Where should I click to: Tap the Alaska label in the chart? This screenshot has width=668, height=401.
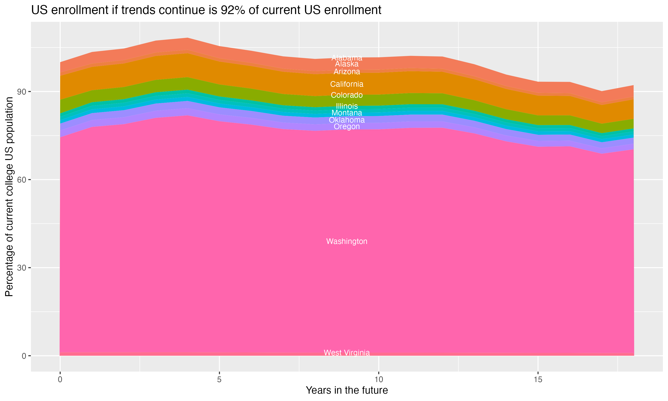347,64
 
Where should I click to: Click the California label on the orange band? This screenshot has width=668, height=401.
347,84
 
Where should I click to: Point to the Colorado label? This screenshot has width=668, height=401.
347,95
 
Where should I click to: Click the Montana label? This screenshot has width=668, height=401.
347,113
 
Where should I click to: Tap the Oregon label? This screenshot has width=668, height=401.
347,127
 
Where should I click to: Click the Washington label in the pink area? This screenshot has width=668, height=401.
347,241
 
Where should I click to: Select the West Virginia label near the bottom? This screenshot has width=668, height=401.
347,353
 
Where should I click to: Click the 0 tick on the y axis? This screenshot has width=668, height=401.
24,356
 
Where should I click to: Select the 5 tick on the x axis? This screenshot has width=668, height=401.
219,380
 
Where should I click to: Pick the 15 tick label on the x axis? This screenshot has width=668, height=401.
538,380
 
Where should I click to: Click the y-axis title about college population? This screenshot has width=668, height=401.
9,197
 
